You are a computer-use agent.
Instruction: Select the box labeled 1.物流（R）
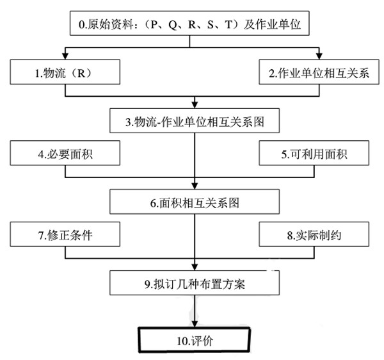(x=66, y=72)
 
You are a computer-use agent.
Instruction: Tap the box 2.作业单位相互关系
(x=316, y=72)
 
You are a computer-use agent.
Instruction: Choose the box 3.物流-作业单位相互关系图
(x=193, y=120)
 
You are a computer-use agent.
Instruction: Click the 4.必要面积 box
(x=66, y=154)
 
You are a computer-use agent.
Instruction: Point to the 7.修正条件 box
(x=66, y=234)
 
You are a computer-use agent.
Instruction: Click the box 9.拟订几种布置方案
(x=193, y=282)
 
